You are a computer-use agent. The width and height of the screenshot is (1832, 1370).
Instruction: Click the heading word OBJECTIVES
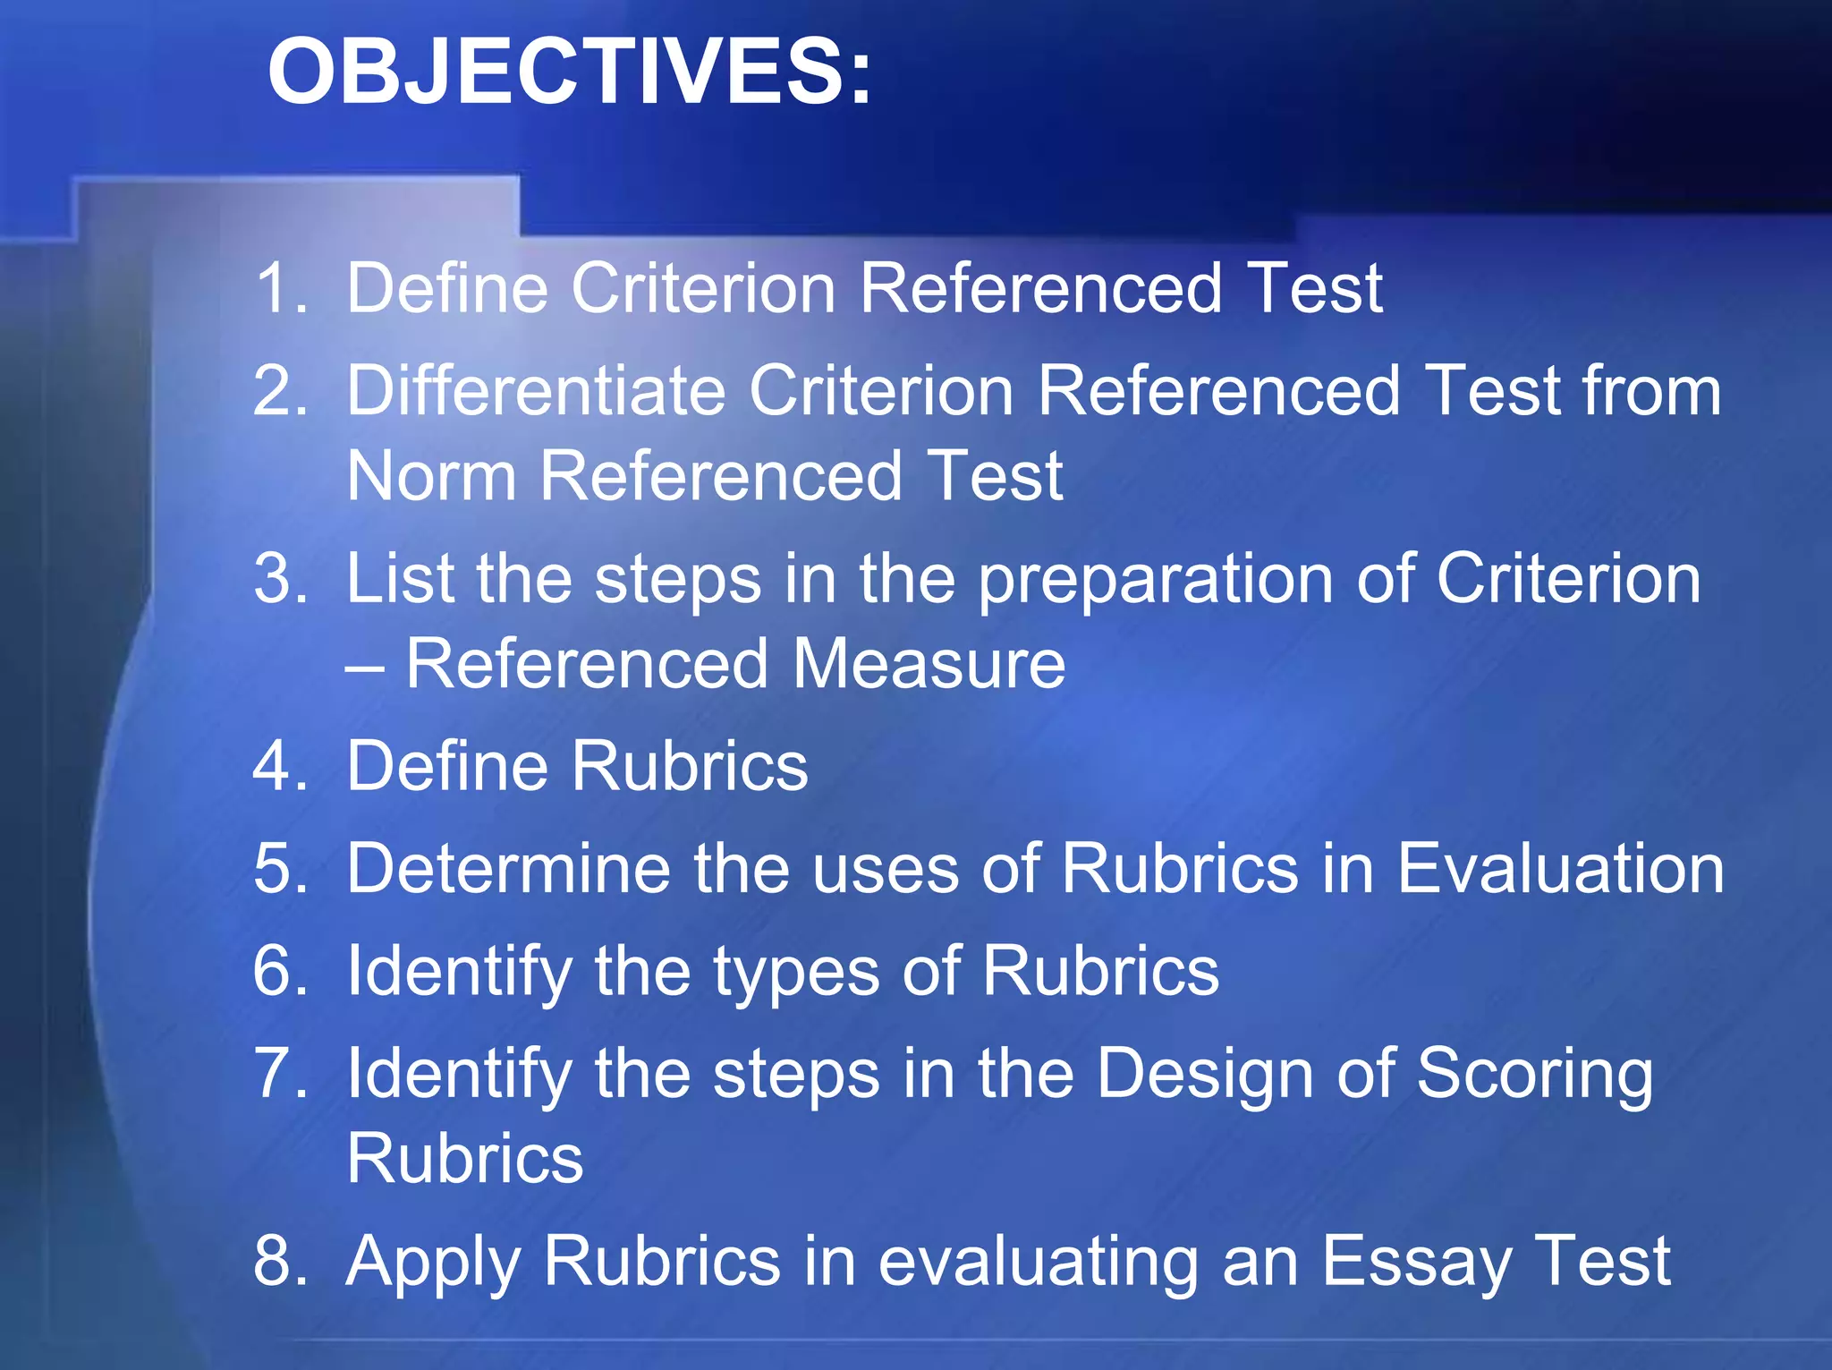click(569, 72)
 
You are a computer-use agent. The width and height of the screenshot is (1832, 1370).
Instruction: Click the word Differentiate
click(535, 391)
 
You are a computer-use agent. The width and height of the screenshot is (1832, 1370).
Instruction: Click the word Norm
click(431, 476)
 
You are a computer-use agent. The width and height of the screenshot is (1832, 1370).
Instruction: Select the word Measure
click(929, 664)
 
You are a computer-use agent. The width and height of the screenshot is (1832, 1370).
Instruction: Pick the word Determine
click(508, 868)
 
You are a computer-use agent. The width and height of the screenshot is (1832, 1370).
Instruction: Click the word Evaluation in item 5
click(1560, 868)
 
